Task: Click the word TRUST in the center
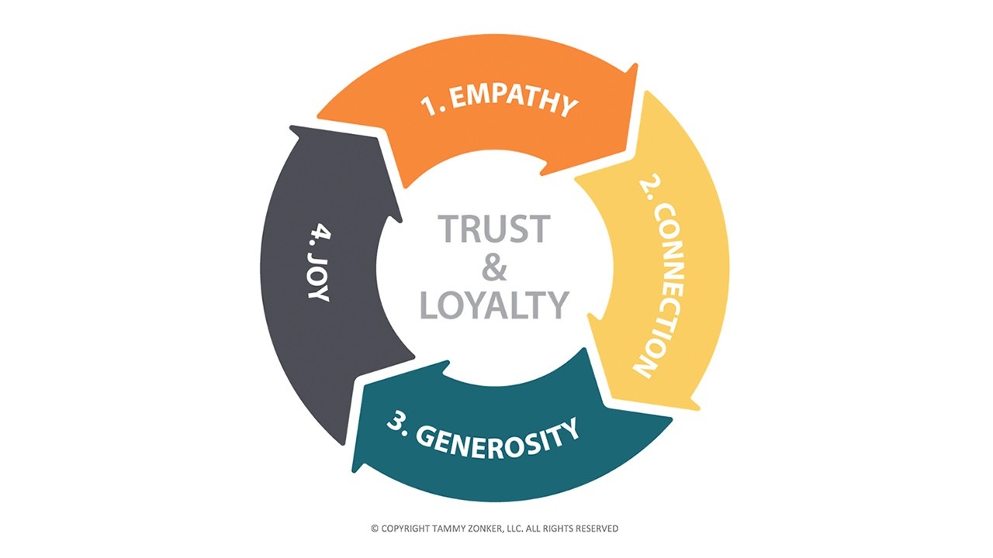point(494,229)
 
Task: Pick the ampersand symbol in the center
point(494,267)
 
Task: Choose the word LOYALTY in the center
point(494,305)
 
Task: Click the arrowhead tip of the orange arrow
point(637,65)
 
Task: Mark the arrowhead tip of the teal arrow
point(354,471)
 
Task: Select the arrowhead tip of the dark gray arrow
point(291,126)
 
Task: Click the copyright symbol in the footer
point(375,529)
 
